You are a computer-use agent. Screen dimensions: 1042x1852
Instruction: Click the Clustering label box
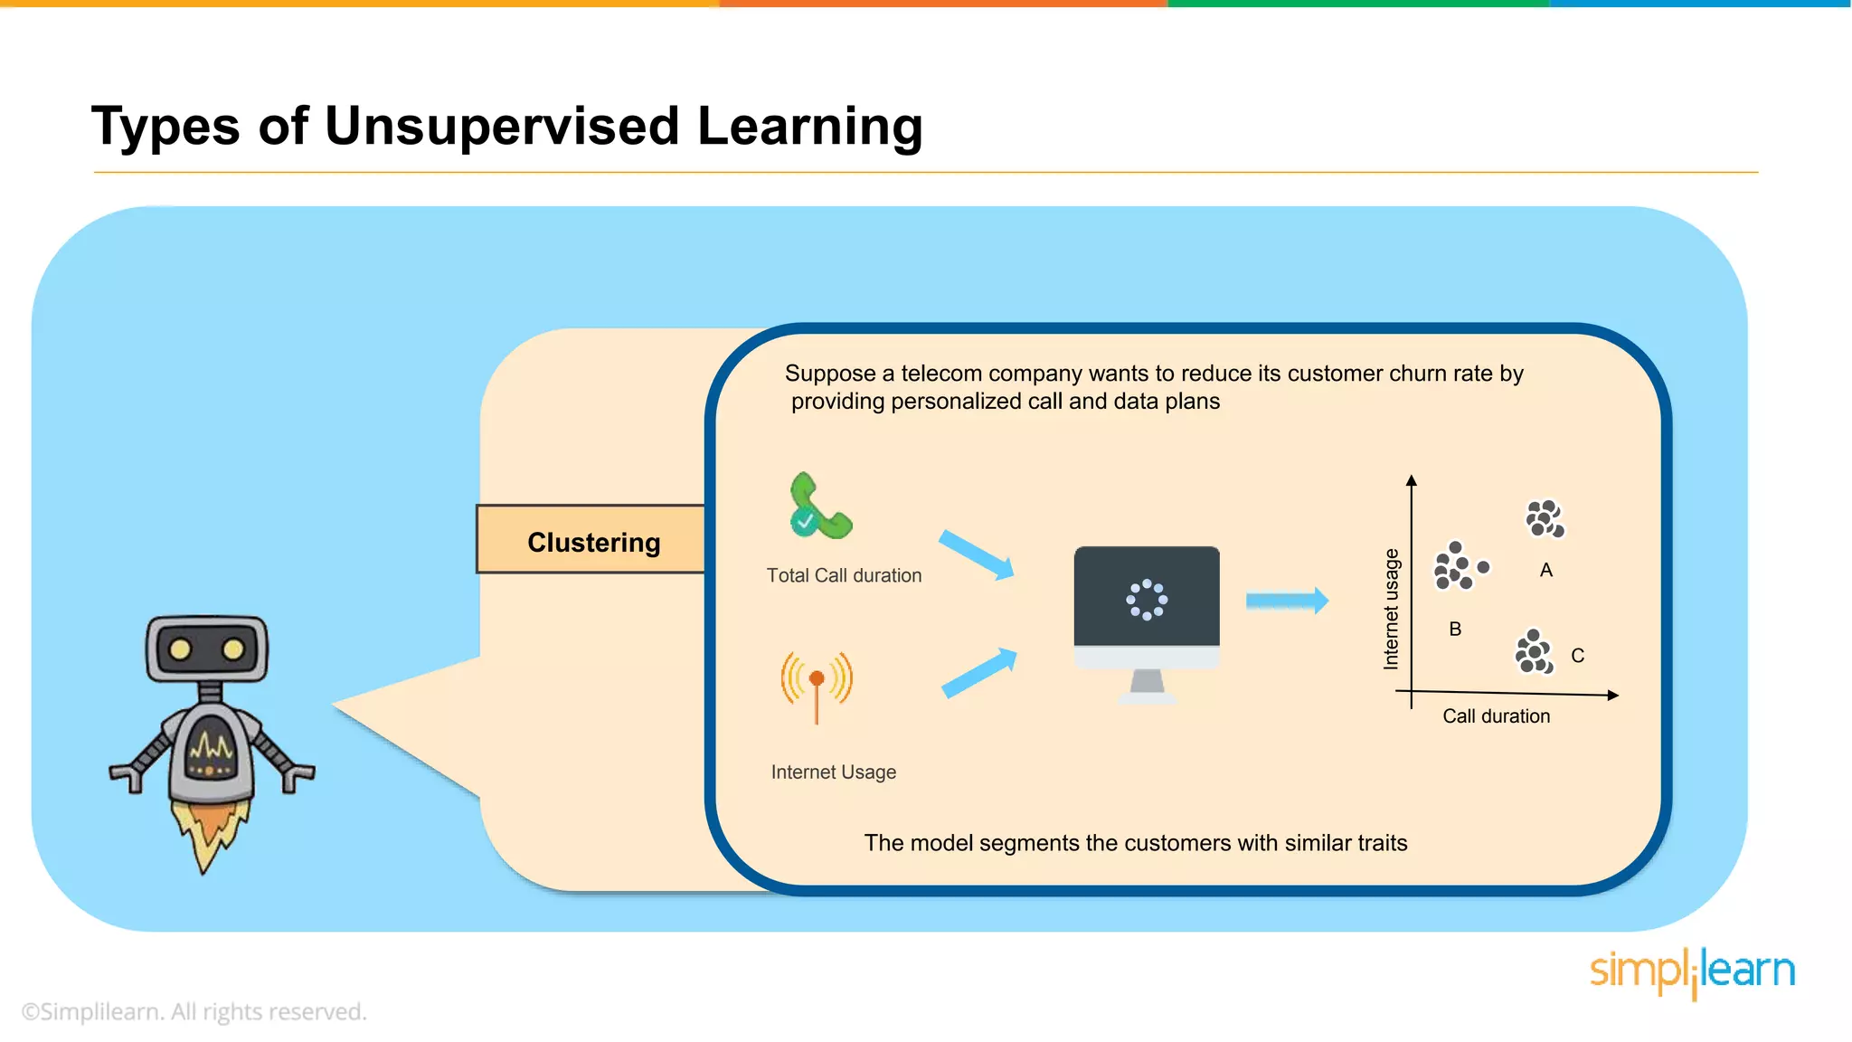pyautogui.click(x=591, y=541)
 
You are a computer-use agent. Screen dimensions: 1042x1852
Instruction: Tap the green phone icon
pyautogui.click(x=818, y=507)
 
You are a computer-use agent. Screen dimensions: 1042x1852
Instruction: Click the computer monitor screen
pyautogui.click(x=1146, y=597)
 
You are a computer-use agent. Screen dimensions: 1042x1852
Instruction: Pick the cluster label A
pyautogui.click(x=1545, y=570)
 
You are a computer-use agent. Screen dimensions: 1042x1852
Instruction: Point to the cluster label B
pyautogui.click(x=1454, y=629)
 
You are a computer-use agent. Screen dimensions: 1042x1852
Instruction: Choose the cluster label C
pyautogui.click(x=1577, y=656)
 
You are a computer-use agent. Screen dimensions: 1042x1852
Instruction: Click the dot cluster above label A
pyautogui.click(x=1545, y=518)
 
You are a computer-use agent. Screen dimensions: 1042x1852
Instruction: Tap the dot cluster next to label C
pyautogui.click(x=1534, y=652)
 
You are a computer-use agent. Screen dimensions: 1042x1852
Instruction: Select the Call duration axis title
pyautogui.click(x=1496, y=716)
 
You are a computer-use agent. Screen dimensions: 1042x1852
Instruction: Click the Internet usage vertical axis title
pyautogui.click(x=1391, y=609)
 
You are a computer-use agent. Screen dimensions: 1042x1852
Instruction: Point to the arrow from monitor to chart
pyautogui.click(x=1286, y=601)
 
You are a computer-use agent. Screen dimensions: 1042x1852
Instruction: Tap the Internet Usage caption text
pyautogui.click(x=833, y=772)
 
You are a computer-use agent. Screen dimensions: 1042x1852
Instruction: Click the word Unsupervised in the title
pyautogui.click(x=501, y=126)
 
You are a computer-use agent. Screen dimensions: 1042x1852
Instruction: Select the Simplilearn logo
pyautogui.click(x=1692, y=971)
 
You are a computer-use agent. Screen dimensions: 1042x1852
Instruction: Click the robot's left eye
pyautogui.click(x=180, y=649)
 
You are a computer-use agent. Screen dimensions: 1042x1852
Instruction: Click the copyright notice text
pyautogui.click(x=194, y=1011)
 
